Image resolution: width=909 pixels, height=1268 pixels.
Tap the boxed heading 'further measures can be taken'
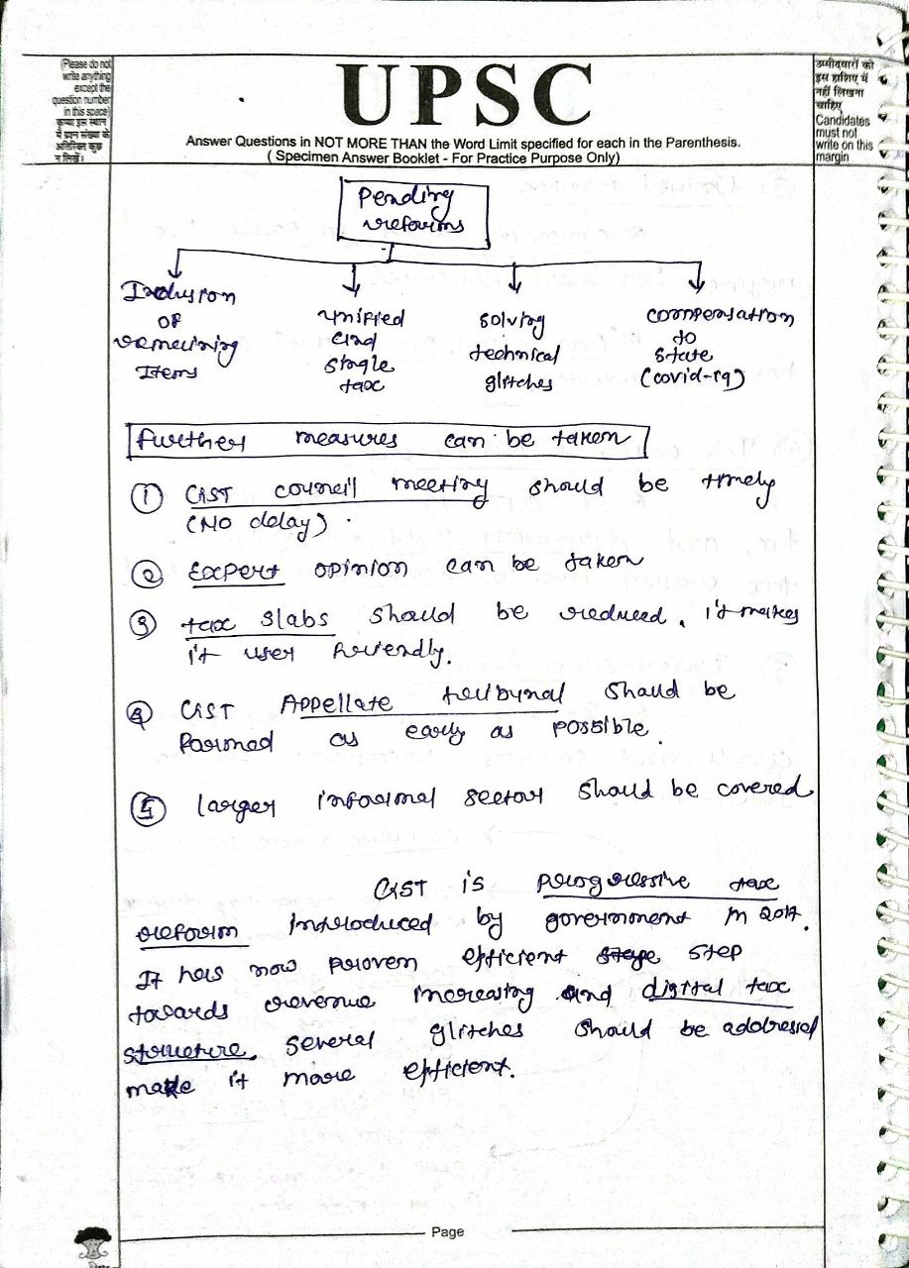(x=387, y=439)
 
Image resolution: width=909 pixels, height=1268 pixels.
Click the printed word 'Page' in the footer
(x=447, y=1231)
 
